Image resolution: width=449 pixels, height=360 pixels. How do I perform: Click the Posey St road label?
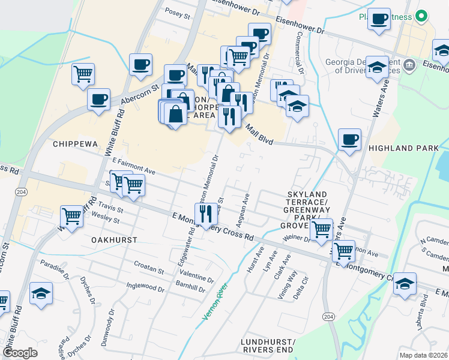[x=178, y=12]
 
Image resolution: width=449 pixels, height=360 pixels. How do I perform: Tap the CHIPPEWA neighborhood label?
[x=74, y=144]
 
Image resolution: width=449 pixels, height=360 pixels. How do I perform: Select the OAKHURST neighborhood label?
[x=114, y=239]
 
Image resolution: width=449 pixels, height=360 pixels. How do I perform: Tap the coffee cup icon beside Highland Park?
[x=349, y=142]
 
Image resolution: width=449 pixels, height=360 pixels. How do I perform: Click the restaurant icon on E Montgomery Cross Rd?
[x=205, y=214]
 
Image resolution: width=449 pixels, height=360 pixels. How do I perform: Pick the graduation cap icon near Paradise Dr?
[x=41, y=294]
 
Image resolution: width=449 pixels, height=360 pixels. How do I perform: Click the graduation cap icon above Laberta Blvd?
[x=405, y=284]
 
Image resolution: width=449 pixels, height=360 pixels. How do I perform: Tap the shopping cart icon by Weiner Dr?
[x=322, y=229]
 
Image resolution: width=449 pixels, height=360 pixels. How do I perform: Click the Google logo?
[x=20, y=353]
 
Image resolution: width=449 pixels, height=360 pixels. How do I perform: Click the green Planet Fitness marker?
[x=421, y=16]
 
